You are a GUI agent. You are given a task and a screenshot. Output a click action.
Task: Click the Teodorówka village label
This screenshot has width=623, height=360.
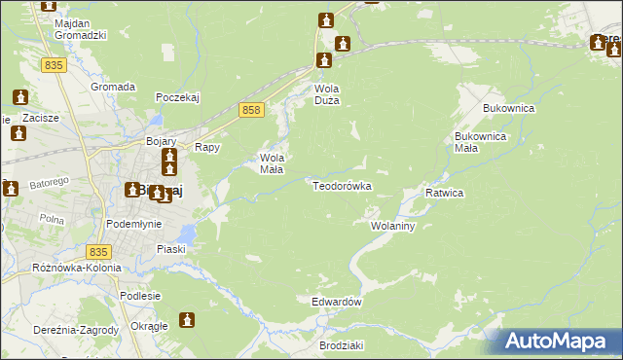pos(342,185)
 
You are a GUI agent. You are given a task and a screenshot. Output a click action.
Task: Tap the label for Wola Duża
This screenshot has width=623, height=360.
pos(325,93)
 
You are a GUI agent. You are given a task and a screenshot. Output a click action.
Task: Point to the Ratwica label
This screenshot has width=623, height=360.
pos(444,193)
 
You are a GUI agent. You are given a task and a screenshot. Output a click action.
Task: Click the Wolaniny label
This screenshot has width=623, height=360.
pos(393,226)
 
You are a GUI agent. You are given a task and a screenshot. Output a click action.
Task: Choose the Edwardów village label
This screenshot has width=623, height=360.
pos(337,302)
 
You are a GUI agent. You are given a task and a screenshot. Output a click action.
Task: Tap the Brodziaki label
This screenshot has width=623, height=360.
pos(341,345)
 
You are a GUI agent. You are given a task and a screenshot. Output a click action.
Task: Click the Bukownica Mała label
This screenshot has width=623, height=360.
pos(480,142)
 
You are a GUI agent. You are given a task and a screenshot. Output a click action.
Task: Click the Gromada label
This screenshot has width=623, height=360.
pos(113,87)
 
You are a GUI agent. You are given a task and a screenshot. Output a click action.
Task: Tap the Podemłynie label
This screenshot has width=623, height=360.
pos(133,223)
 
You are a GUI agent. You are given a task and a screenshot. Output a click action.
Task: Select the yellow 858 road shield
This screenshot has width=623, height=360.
pos(251,112)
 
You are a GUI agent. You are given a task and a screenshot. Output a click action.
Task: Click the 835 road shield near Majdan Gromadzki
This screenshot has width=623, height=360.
pos(55,64)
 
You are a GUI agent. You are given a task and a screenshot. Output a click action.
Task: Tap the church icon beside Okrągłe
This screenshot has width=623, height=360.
pos(187,319)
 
